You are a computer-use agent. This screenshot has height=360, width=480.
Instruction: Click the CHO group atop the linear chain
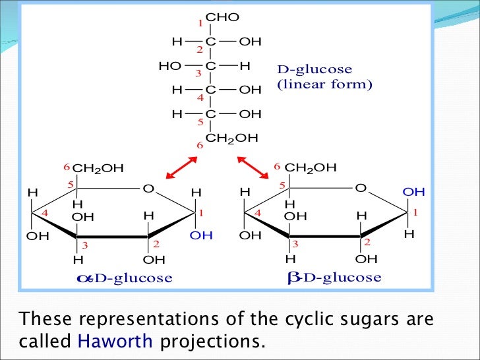[223, 17]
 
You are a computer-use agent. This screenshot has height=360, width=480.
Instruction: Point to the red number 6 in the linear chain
[198, 145]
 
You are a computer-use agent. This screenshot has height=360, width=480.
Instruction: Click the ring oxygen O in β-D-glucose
[360, 189]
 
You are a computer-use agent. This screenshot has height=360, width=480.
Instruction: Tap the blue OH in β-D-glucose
[413, 192]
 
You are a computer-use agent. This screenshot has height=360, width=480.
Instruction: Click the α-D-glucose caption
[125, 278]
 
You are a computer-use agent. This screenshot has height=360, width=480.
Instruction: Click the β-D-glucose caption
[334, 278]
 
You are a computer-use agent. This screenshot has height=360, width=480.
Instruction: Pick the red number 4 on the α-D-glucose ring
[45, 214]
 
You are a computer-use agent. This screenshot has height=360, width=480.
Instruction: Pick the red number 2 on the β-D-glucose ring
[367, 243]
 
